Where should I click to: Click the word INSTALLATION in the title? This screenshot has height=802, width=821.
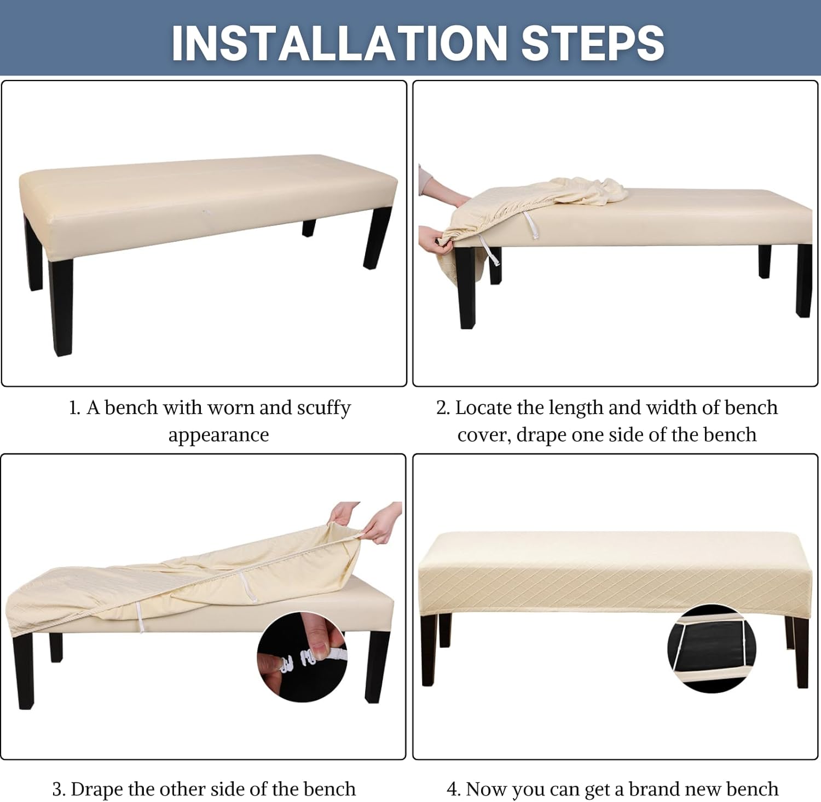click(339, 43)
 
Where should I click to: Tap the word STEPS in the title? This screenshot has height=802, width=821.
click(593, 43)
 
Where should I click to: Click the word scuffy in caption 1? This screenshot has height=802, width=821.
click(323, 409)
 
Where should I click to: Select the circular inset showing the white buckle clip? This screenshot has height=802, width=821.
click(302, 658)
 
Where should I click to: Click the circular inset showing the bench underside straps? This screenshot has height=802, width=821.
click(712, 649)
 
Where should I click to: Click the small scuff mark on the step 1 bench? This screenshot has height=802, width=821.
click(206, 212)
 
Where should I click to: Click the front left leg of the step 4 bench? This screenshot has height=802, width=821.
click(429, 650)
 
